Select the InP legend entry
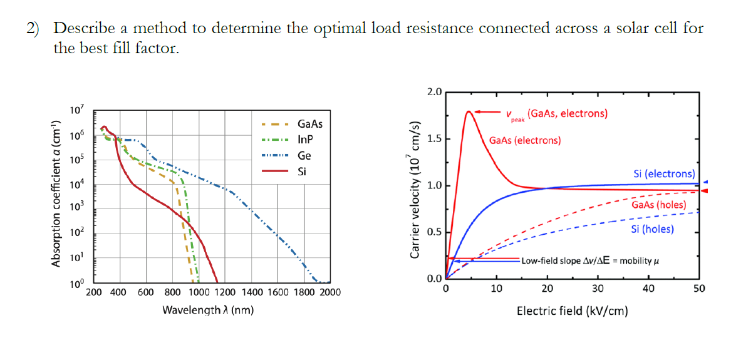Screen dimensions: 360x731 point(306,140)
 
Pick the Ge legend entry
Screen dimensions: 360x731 point(304,155)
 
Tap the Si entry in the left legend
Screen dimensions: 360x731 point(303,171)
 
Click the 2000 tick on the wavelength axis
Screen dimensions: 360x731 point(330,292)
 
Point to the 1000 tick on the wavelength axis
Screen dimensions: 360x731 point(199,292)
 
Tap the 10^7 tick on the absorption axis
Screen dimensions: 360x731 point(76,111)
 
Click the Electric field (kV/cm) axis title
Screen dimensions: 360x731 point(572,311)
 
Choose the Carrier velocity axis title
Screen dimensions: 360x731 point(414,188)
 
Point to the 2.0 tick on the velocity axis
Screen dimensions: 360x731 point(434,92)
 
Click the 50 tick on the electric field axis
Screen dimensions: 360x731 point(699,289)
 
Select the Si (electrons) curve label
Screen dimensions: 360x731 point(665,173)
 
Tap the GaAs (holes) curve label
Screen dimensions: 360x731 point(658,205)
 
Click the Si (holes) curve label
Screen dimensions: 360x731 point(652,229)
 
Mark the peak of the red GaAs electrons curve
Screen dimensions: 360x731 point(469,112)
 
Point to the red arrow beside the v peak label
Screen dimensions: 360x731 point(487,112)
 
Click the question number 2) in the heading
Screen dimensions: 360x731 point(32,28)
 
